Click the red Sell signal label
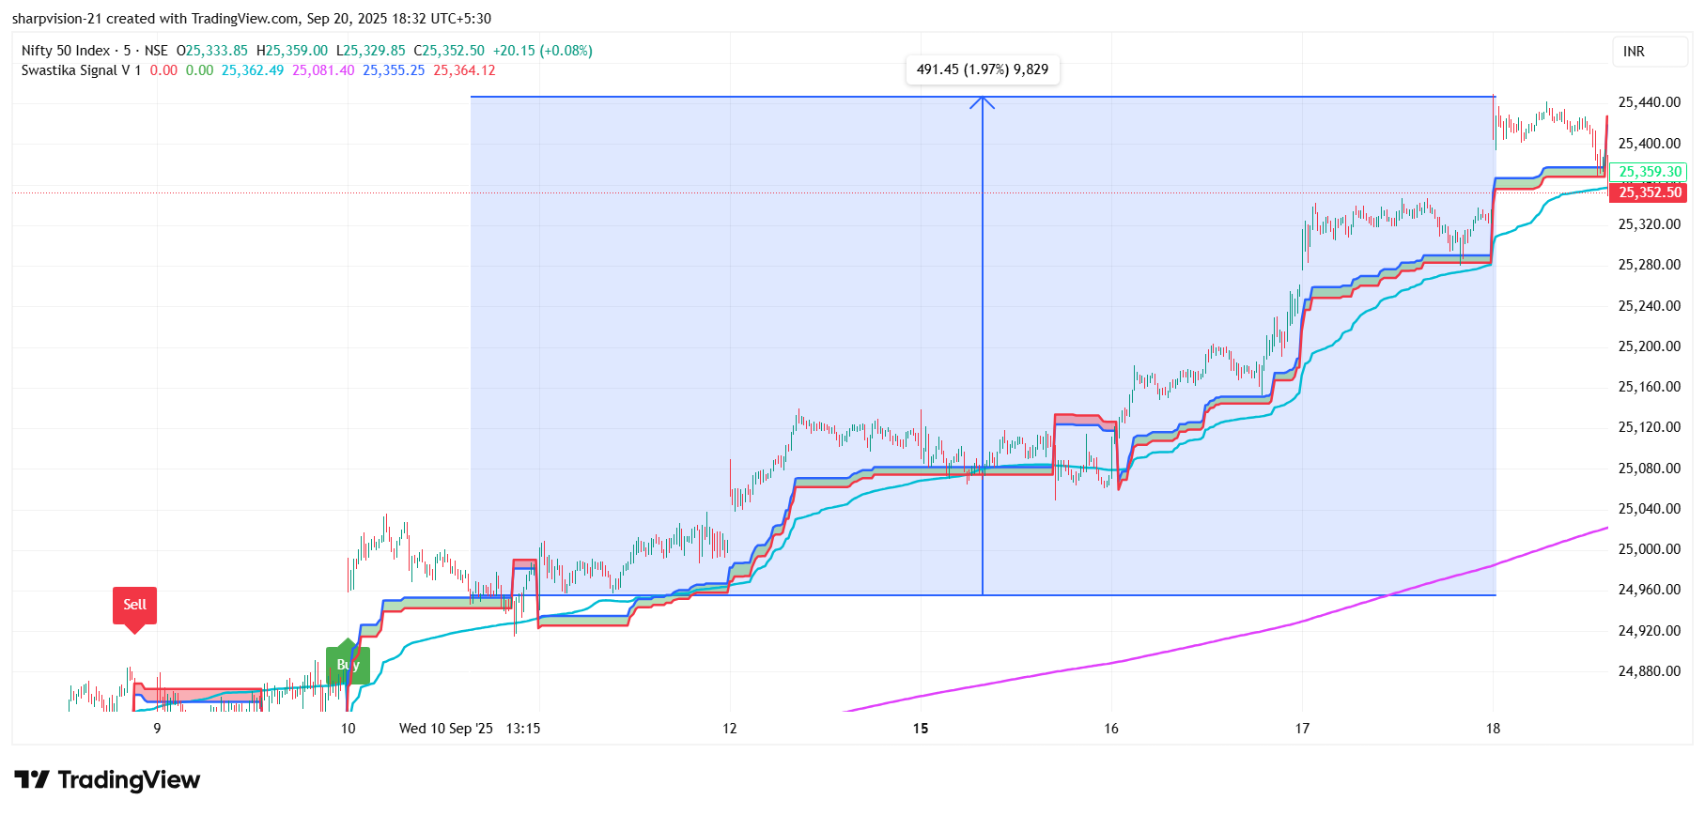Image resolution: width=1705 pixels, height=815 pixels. click(134, 605)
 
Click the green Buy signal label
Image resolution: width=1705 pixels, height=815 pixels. click(348, 665)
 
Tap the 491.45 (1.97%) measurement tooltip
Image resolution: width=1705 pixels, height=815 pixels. click(982, 69)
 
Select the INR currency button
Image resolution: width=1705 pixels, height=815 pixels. click(1634, 52)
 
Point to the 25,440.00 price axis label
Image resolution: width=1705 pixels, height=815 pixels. click(1649, 102)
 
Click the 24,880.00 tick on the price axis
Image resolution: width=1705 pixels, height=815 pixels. click(1649, 671)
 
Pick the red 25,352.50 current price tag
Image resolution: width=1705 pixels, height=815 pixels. click(1649, 192)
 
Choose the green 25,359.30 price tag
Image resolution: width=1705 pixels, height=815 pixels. click(1649, 172)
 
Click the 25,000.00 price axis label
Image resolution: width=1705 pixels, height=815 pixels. click(1649, 549)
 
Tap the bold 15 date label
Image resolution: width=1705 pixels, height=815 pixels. click(921, 729)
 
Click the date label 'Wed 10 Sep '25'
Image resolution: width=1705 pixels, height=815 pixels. click(445, 729)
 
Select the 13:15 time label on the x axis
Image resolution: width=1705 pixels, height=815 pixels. click(523, 729)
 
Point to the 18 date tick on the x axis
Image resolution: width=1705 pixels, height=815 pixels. click(1493, 729)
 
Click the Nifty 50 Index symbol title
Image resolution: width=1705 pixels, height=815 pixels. click(66, 51)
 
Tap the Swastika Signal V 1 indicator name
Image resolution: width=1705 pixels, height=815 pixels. click(81, 70)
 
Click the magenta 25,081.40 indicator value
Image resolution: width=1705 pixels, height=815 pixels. click(323, 70)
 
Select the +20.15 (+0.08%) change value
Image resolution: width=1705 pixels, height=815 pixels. click(542, 51)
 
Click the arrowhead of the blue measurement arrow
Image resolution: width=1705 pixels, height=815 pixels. click(982, 101)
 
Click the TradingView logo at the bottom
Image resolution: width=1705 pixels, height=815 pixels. click(107, 780)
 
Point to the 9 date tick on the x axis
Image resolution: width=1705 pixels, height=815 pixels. click(157, 729)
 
